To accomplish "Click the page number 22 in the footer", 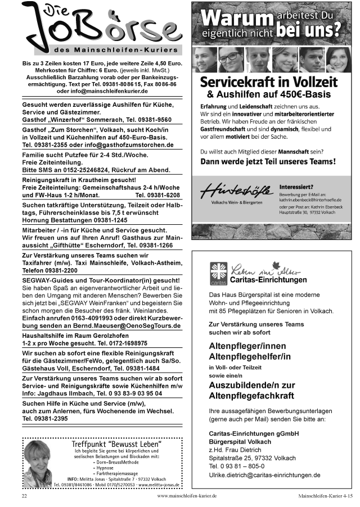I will pos(24,497).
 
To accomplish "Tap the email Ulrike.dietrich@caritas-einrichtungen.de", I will pos(264,475).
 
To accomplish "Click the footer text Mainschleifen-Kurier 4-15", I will pos(326,497).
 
